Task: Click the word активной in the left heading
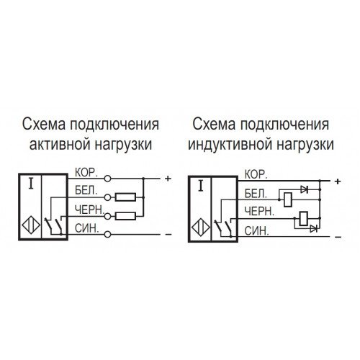click(x=60, y=145)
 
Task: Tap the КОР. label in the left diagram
click(x=86, y=173)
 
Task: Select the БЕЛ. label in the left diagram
click(x=86, y=191)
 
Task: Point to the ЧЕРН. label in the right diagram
click(x=259, y=211)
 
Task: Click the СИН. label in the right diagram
click(x=256, y=231)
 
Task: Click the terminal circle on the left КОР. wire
click(x=107, y=179)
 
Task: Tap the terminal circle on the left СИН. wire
click(x=107, y=234)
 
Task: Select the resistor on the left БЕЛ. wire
click(x=125, y=197)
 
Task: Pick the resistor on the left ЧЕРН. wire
click(x=125, y=216)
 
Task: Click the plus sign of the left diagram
click(x=168, y=179)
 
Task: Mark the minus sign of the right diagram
click(x=338, y=238)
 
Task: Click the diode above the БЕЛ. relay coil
click(x=305, y=190)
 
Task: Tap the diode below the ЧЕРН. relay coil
click(x=314, y=228)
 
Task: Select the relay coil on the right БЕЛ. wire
click(x=288, y=199)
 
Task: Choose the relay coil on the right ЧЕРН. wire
click(x=303, y=219)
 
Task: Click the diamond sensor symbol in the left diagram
click(x=31, y=226)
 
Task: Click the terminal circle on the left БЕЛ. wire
click(x=107, y=197)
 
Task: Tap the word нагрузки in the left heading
click(x=124, y=145)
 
